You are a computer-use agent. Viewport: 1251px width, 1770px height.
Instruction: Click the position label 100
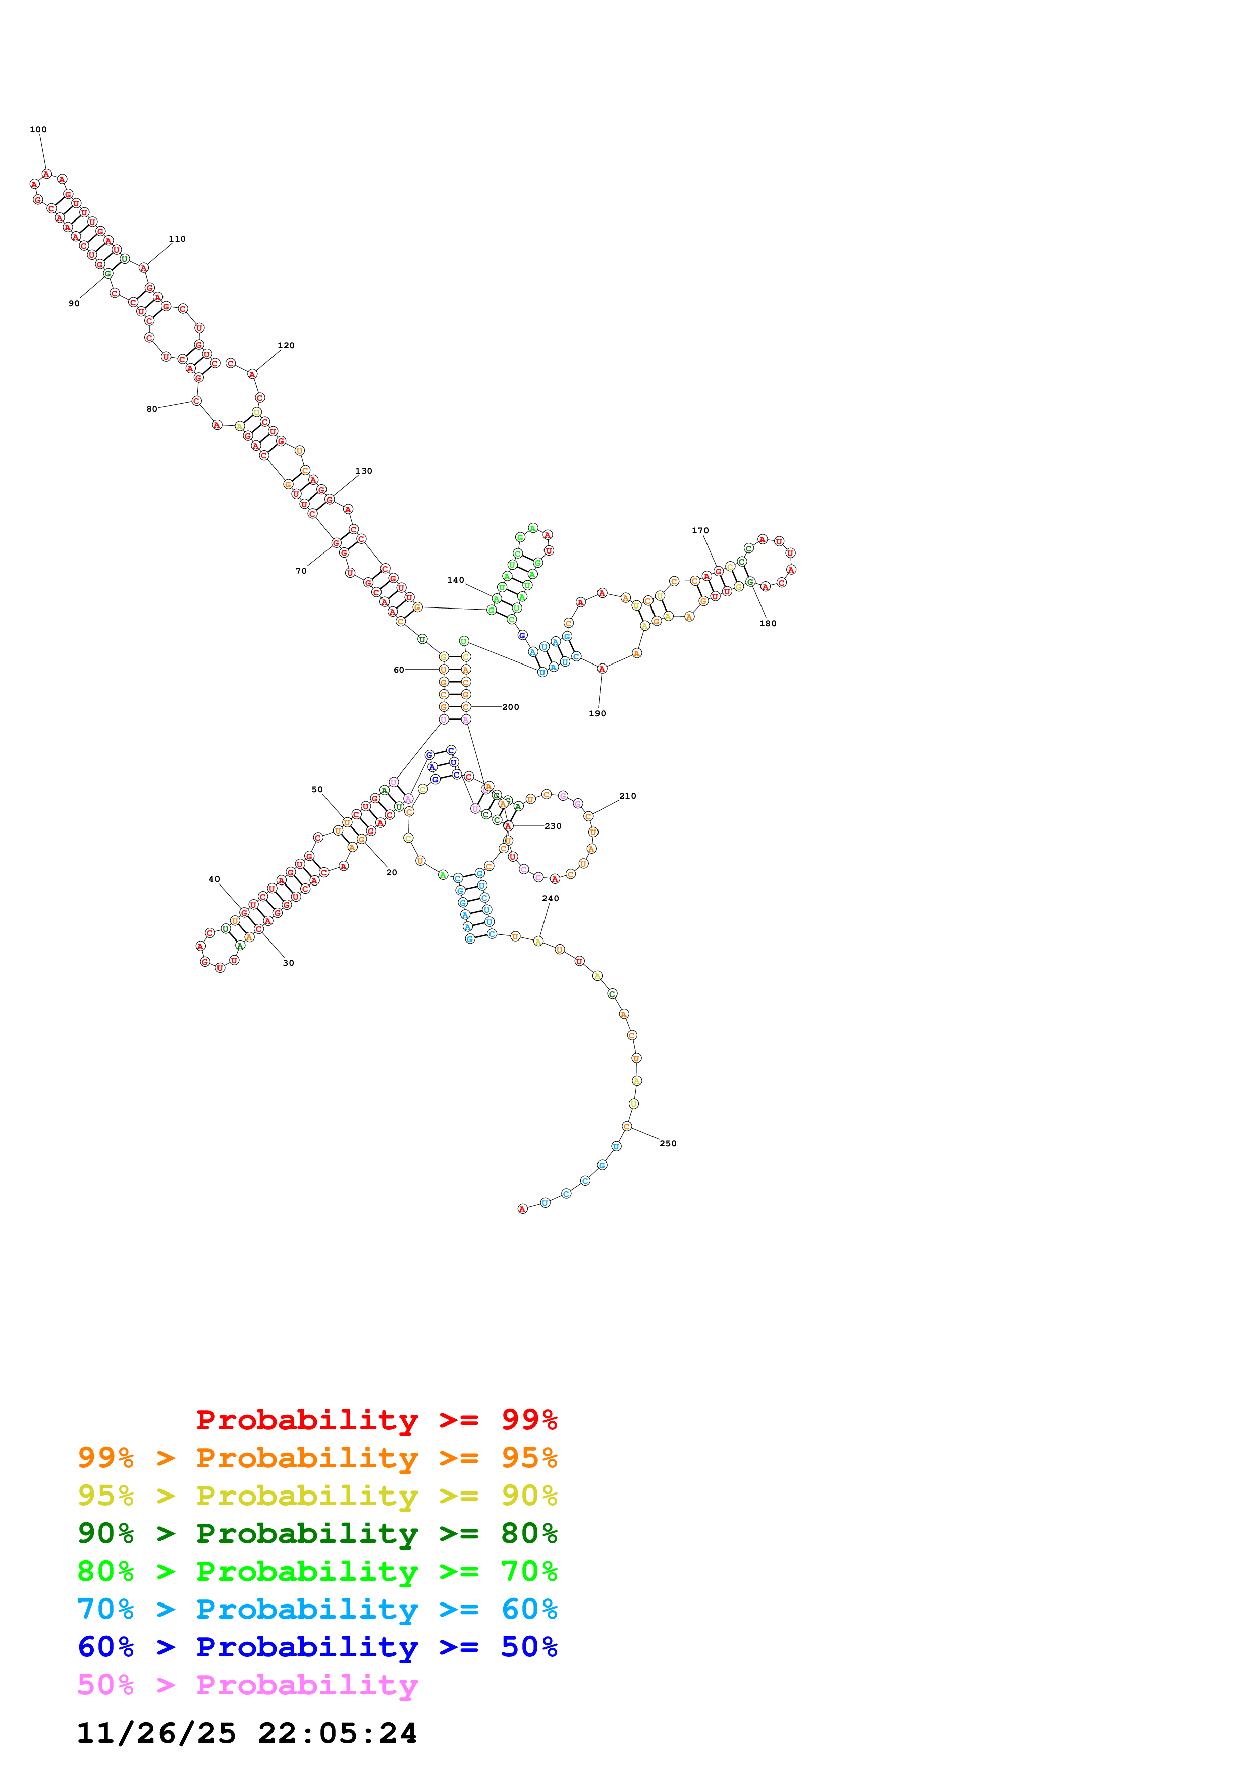[38, 130]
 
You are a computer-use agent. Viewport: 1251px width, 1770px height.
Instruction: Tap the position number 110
[177, 239]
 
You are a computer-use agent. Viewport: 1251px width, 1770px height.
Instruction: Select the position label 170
[700, 530]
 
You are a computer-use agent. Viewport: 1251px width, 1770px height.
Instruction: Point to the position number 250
[668, 1143]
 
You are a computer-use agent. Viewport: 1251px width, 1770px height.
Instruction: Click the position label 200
[510, 707]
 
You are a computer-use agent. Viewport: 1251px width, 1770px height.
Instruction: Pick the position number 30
[288, 963]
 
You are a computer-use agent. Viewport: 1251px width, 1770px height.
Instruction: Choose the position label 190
[597, 714]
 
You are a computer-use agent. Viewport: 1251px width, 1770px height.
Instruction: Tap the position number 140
[456, 580]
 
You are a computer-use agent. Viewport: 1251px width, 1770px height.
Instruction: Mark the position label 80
[152, 409]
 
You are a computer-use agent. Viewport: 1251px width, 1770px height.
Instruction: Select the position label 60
[399, 670]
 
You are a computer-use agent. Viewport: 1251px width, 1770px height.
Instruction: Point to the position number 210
[627, 796]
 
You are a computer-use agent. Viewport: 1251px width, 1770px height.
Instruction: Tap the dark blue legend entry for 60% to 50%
[317, 1647]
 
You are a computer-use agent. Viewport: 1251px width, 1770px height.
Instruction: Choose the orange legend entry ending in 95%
[317, 1458]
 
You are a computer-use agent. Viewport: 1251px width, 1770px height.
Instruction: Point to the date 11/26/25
[156, 1734]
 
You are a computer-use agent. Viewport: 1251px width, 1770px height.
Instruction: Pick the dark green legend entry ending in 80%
[317, 1533]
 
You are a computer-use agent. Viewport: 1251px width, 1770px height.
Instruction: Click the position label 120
[286, 345]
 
